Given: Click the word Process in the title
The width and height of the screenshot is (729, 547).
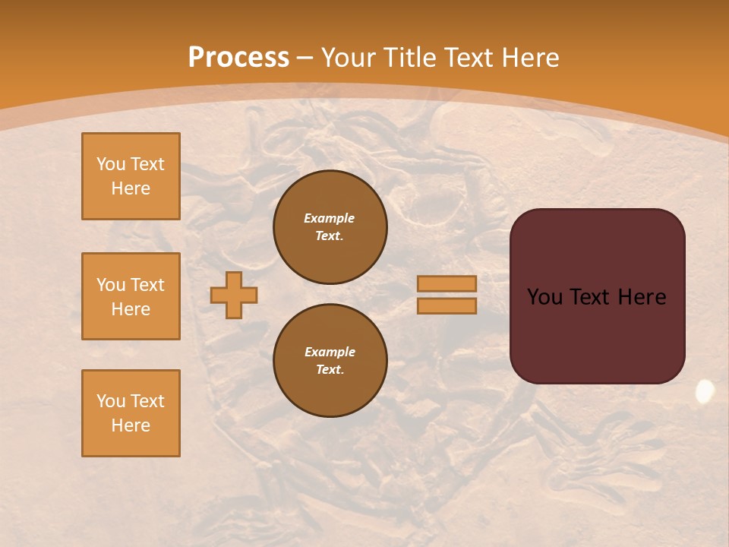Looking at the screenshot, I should [238, 58].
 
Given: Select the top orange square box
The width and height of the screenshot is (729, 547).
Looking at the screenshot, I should [131, 176].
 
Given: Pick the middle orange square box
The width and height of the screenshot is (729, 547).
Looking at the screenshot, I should [131, 296].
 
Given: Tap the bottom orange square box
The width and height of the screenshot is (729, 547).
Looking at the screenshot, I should [131, 413].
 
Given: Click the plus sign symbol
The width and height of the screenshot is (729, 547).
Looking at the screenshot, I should [234, 295].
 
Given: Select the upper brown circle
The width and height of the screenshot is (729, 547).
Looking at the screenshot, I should [330, 226].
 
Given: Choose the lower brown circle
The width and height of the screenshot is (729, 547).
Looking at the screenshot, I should [330, 360].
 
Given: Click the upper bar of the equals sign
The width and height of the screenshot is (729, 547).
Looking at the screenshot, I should [447, 283].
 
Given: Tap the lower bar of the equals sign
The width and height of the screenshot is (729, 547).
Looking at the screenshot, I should [447, 305].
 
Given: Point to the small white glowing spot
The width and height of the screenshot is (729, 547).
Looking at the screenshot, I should [705, 391].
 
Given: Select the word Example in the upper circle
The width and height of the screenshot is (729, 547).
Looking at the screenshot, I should [330, 218].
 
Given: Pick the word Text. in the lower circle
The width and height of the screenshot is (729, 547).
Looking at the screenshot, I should [330, 370].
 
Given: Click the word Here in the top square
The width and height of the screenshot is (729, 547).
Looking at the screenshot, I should [131, 188].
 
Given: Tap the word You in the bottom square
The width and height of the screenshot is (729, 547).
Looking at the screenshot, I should [111, 401].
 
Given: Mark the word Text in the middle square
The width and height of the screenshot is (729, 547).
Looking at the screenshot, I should [147, 285].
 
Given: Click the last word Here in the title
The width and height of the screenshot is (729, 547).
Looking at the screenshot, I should [530, 58].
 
